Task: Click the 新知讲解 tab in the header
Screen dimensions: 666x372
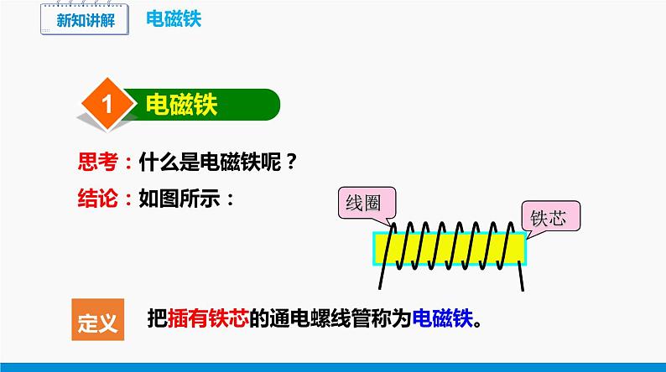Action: [x=85, y=19]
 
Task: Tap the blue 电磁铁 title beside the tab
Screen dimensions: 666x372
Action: [x=174, y=19]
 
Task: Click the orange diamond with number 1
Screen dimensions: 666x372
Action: [x=107, y=104]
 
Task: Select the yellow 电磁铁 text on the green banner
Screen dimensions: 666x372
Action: [x=181, y=105]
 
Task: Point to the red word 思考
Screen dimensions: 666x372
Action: [x=97, y=162]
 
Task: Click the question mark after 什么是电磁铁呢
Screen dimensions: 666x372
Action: [x=291, y=162]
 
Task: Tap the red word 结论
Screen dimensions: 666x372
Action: [x=97, y=198]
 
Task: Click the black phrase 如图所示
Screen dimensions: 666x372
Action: [x=180, y=198]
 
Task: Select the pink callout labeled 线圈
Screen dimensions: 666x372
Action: [x=367, y=204]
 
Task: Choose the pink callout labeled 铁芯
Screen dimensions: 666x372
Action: [x=551, y=216]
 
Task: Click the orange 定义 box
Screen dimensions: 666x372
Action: [x=97, y=319]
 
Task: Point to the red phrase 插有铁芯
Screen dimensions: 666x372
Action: [x=208, y=318]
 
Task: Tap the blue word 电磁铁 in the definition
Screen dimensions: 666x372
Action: [x=443, y=318]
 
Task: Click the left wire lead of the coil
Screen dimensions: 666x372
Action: [x=385, y=259]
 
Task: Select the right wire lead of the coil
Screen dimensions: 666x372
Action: [x=521, y=276]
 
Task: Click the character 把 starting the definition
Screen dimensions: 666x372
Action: [x=157, y=318]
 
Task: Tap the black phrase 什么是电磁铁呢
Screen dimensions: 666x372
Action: [x=211, y=162]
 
